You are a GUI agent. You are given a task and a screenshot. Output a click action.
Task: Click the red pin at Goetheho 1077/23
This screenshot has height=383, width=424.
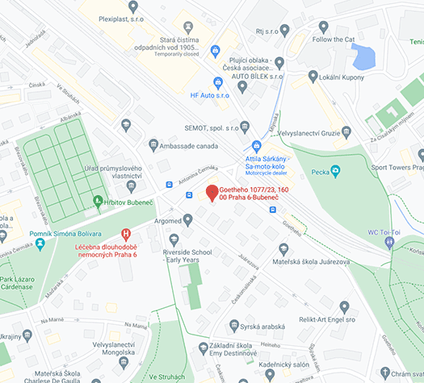211,193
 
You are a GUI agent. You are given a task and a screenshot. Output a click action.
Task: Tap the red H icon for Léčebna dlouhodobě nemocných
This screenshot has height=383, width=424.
125,233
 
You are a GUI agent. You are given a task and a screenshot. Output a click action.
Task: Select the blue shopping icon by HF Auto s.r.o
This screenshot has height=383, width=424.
217,82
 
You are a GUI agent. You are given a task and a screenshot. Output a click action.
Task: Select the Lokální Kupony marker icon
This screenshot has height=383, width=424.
313,77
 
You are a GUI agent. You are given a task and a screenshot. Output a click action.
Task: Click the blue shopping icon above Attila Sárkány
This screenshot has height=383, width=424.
257,146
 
